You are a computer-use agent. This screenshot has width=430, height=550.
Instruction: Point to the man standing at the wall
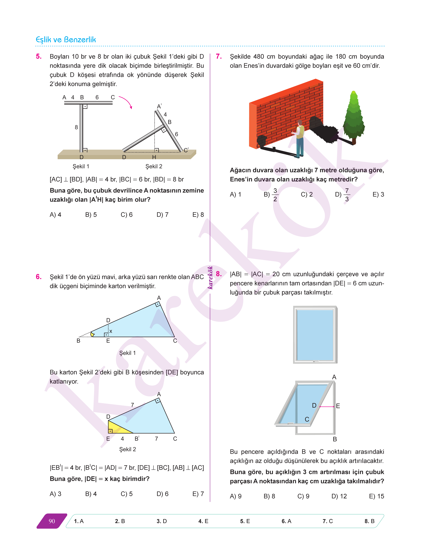[x=299, y=139]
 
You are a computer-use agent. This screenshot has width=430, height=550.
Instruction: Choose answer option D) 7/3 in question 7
[x=343, y=195]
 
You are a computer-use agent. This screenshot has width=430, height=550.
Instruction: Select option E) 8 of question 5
[x=198, y=215]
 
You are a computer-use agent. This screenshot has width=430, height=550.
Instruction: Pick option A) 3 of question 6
[x=55, y=494]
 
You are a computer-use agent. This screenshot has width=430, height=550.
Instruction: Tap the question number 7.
[x=219, y=56]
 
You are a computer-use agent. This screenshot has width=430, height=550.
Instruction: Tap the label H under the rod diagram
[x=154, y=157]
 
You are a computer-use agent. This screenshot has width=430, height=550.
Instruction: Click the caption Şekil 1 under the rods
[x=81, y=166]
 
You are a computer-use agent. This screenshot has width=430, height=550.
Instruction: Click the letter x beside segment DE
[x=111, y=331]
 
